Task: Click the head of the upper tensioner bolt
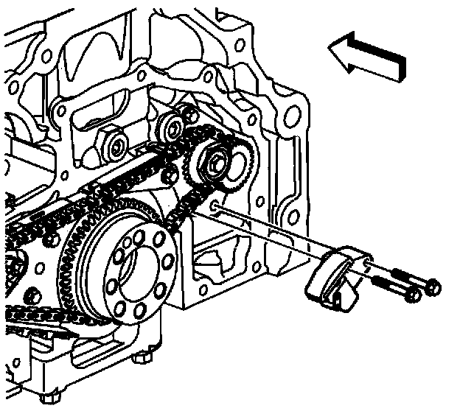click(433, 284)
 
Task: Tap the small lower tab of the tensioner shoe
click(338, 299)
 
